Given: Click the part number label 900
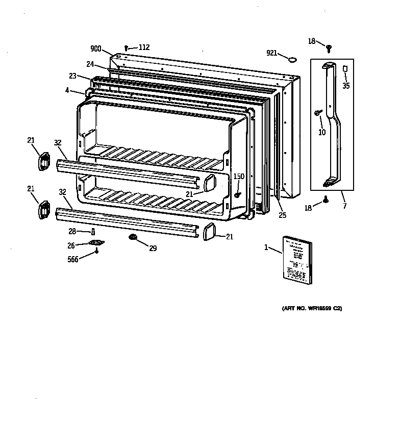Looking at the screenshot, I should [x=96, y=49].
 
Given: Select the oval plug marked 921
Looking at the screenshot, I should [x=292, y=60].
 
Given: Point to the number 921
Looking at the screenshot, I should [x=272, y=53].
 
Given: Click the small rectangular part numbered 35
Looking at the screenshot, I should [x=345, y=68].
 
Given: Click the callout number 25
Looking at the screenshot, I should [x=282, y=215].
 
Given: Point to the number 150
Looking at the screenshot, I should [x=239, y=177].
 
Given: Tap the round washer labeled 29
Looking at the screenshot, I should [x=133, y=238].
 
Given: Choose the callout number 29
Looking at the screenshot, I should [x=153, y=249].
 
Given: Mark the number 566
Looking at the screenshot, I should [x=73, y=259].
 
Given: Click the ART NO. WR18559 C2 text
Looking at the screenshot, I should [x=311, y=309].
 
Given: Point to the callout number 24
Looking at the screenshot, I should [x=90, y=64].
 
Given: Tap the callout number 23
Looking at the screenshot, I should [x=73, y=76].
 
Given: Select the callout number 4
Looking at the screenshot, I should [x=67, y=91].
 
